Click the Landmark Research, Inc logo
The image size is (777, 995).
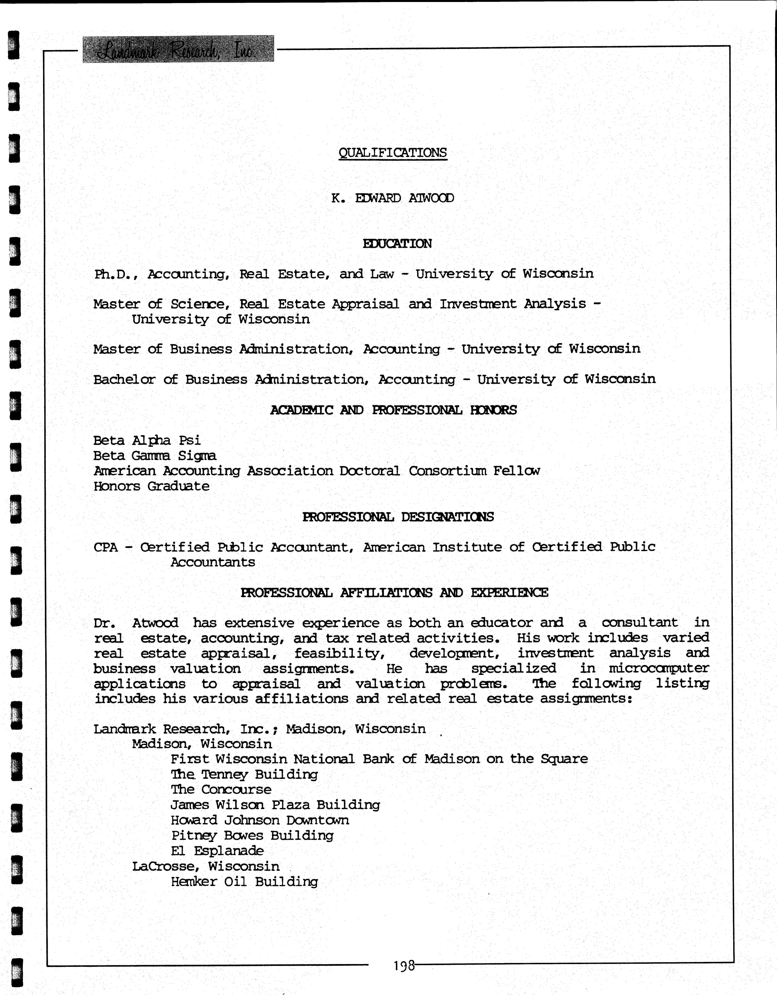pos(178,49)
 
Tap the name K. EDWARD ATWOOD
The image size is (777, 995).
pos(392,198)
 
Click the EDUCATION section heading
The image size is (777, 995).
pos(397,244)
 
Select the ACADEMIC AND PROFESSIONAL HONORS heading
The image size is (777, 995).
pos(393,410)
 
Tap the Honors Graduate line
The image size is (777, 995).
pos(151,486)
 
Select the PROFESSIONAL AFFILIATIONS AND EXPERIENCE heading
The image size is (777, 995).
pos(394,593)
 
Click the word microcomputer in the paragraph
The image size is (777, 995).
pos(659,668)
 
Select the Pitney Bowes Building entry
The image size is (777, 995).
pos(252,836)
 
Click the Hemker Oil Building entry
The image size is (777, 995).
pos(244,882)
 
